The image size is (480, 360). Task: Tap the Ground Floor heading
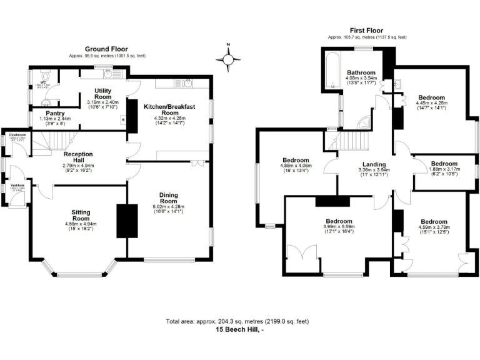point(106,50)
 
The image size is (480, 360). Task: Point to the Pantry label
point(49,113)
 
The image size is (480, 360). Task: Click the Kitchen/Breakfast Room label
point(170,110)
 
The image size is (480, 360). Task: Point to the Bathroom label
point(361,72)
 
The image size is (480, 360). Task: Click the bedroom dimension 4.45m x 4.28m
point(432,103)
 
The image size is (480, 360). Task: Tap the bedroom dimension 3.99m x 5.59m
point(338,226)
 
